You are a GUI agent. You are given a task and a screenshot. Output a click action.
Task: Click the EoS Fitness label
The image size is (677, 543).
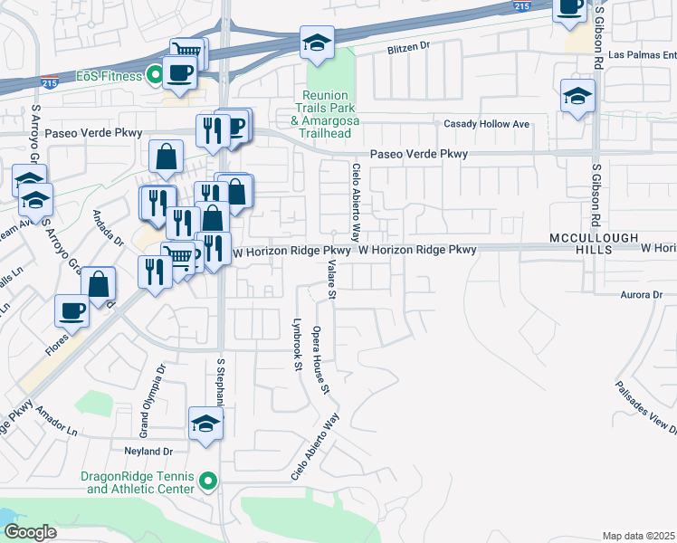coord(108,76)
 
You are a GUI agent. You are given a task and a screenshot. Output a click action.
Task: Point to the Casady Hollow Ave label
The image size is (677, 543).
coord(486,124)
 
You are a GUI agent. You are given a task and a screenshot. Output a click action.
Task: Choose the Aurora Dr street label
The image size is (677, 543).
coord(642,295)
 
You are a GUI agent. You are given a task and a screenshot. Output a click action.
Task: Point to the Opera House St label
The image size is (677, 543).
coord(320,361)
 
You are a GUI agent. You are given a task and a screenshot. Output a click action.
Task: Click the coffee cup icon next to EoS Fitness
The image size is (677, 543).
coord(178,73)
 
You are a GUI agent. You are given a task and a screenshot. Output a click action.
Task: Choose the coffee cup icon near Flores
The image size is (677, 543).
coord(72,311)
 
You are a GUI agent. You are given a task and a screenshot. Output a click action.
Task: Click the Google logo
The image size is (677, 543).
coord(31,532)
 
